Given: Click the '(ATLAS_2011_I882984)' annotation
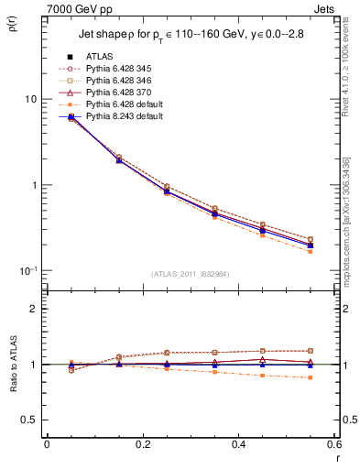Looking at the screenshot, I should tap(190, 272).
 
